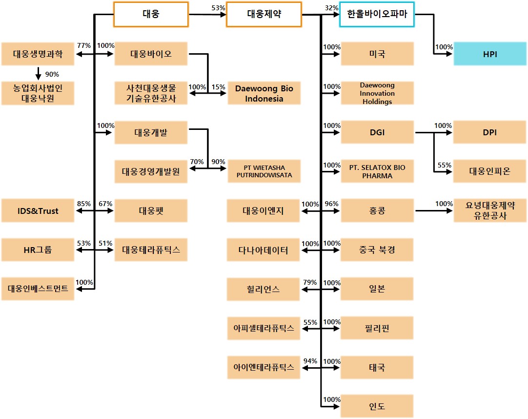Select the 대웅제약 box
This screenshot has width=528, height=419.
point(264,14)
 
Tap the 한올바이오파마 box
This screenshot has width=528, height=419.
point(377,14)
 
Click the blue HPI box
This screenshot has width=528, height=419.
point(490,54)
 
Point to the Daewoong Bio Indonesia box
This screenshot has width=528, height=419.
point(264,93)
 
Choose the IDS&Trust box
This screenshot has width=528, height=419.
point(38,211)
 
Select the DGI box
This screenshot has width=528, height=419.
point(377,132)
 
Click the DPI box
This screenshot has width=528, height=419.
point(490,132)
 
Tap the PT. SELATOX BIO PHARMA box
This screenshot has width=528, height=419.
point(377,171)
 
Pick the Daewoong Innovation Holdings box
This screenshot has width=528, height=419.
point(377,93)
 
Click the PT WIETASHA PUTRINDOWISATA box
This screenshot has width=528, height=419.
point(264,171)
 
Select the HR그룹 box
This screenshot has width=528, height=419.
point(38,251)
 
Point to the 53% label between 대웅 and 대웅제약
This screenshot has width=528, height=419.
point(218,8)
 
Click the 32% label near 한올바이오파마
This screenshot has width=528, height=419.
point(331,8)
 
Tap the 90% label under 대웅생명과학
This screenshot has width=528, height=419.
point(52,74)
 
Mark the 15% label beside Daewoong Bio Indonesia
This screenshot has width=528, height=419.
point(219,87)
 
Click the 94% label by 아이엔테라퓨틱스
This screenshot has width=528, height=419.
point(310,361)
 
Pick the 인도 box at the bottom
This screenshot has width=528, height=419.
point(377,406)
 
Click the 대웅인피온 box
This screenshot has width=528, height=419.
point(490,171)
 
